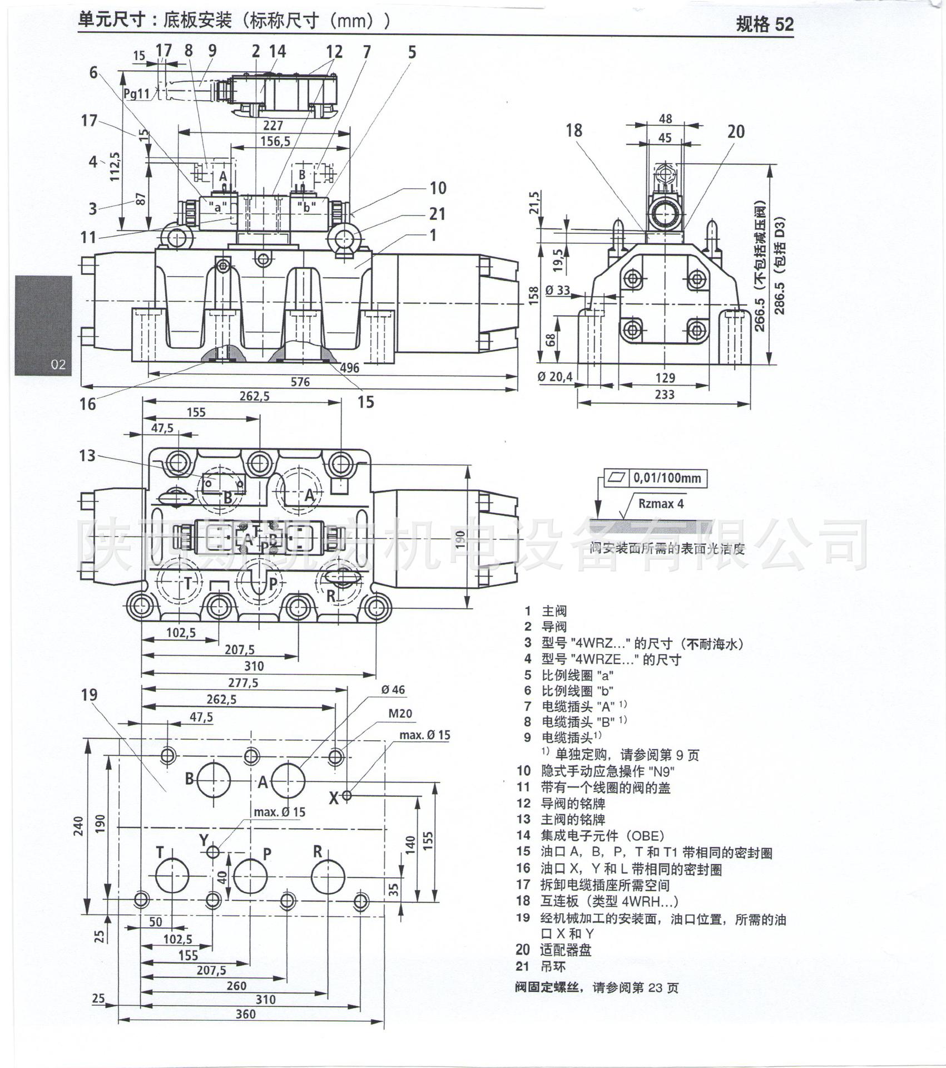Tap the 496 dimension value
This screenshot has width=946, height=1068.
point(349,368)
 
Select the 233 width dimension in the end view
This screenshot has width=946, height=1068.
point(665,395)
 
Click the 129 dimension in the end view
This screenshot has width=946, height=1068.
point(665,378)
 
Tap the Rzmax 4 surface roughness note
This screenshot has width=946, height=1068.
point(661,504)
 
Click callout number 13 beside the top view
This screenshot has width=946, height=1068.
point(87,456)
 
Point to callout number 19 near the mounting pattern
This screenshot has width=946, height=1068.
point(89,695)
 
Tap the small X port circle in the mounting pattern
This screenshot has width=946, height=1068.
point(346,795)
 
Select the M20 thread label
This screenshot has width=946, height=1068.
point(400,713)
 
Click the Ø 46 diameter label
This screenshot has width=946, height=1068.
point(393,690)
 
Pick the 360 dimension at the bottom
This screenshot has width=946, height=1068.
point(245,1014)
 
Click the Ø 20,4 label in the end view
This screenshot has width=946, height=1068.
point(554,377)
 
